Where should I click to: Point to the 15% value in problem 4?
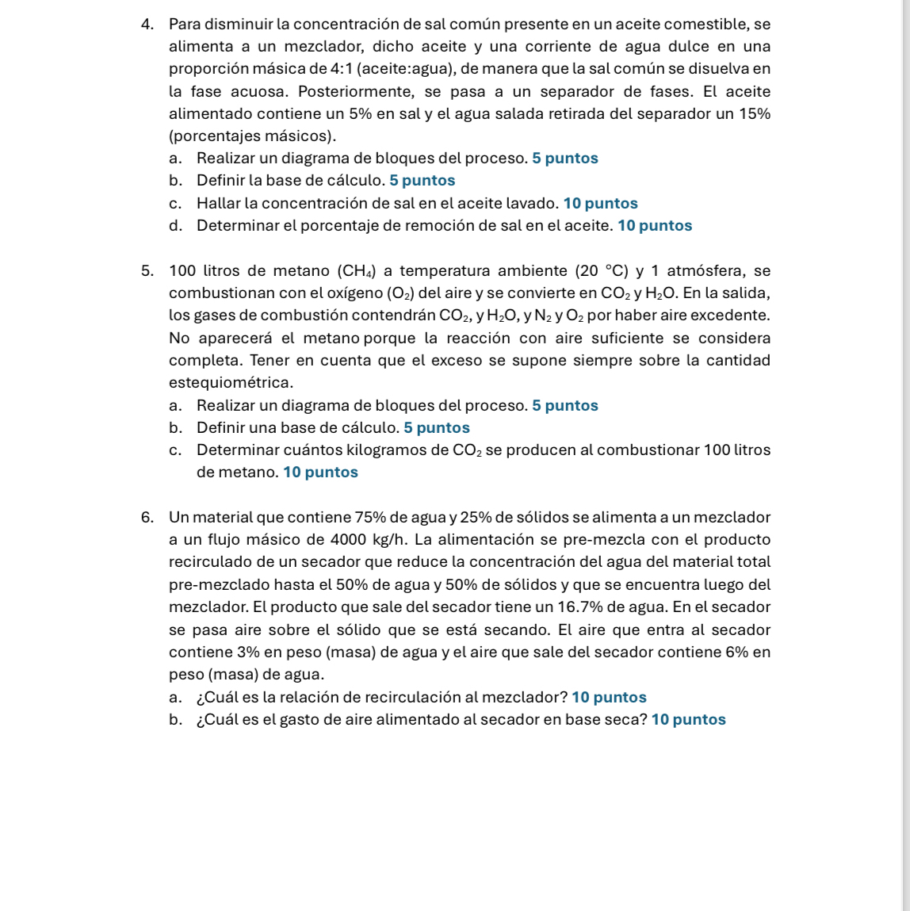tap(754, 113)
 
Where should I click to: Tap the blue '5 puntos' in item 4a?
tap(565, 159)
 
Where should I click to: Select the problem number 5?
tap(146, 271)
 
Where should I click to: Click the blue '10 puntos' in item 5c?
tap(320, 473)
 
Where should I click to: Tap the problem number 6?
tap(146, 518)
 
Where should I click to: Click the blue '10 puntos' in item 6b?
tap(688, 720)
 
